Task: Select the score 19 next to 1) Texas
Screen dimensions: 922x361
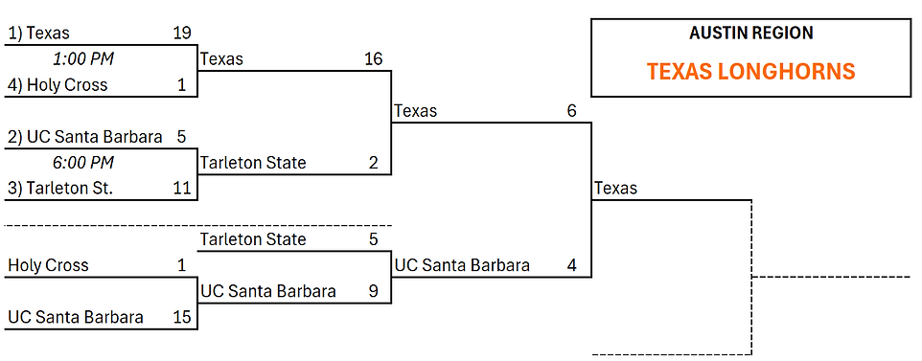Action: (182, 33)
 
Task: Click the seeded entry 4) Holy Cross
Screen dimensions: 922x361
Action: (58, 85)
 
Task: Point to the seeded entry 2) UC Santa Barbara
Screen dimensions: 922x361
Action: (85, 137)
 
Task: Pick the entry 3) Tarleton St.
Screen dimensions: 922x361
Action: (60, 188)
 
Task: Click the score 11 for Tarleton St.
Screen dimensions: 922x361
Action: (182, 188)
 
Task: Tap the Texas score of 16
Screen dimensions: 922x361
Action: (373, 58)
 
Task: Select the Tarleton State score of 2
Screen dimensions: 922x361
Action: (374, 162)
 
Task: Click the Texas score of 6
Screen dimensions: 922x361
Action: (572, 110)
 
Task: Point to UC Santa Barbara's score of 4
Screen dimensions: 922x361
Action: (572, 265)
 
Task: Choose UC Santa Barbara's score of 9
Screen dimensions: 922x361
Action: (374, 291)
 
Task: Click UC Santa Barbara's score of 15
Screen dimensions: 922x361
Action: (182, 318)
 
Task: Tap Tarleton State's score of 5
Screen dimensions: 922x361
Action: (374, 239)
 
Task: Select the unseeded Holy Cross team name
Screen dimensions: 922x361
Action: (48, 266)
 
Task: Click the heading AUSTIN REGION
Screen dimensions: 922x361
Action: (751, 33)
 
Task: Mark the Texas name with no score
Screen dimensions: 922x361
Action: (615, 188)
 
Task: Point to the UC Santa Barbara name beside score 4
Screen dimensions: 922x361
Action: (462, 266)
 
